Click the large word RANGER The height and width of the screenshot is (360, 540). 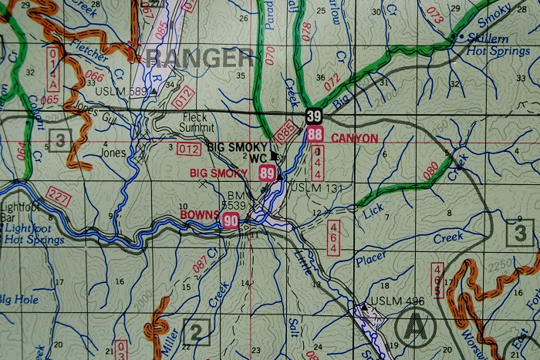point(199,58)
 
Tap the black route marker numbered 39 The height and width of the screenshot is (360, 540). point(313,116)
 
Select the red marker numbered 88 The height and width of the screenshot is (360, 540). point(314,135)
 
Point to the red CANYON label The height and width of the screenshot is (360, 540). point(354,139)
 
